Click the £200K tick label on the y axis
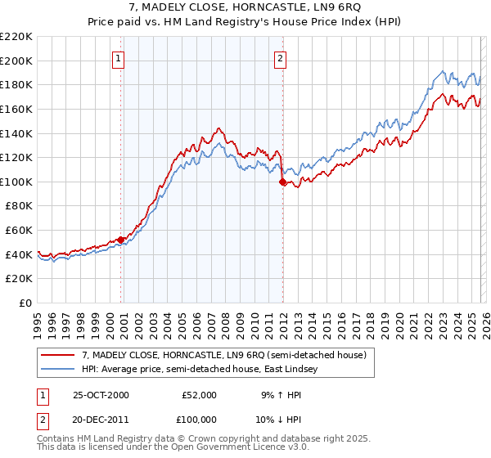(16, 61)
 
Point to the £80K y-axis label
(19, 206)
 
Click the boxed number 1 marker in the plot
(119, 58)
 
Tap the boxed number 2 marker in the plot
(281, 58)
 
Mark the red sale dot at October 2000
(121, 240)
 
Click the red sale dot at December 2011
(282, 182)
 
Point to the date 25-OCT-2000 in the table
(100, 395)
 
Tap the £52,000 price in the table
(200, 395)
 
